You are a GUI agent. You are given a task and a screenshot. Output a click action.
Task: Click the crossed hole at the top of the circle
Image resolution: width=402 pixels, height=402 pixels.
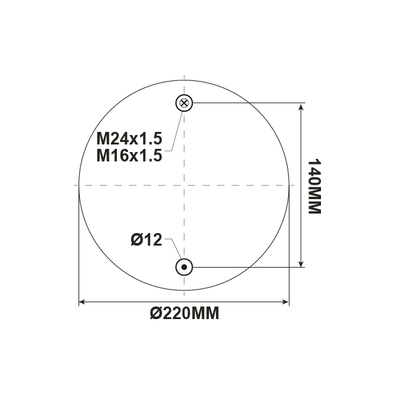point(183,103)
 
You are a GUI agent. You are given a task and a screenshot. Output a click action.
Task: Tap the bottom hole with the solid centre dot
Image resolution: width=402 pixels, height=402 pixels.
point(183,267)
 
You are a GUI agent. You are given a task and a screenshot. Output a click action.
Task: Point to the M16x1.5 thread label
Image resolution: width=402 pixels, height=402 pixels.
point(129,155)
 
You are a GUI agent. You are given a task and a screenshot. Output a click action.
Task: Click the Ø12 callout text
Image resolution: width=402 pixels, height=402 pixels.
point(146,239)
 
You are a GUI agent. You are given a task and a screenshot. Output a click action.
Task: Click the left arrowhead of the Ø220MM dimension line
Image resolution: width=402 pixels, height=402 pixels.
point(82,303)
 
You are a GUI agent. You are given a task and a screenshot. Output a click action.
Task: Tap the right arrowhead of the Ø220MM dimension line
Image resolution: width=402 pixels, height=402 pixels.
point(285,303)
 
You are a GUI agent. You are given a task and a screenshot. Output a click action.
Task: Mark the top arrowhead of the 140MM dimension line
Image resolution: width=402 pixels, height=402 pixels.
point(301,107)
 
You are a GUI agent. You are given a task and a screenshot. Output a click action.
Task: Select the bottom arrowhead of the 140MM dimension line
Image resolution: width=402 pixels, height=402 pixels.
point(301,263)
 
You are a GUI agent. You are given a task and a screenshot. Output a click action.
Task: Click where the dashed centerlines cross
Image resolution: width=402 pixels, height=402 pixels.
point(183,185)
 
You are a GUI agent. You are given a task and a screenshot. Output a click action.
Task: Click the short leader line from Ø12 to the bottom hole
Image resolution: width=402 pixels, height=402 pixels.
point(170,246)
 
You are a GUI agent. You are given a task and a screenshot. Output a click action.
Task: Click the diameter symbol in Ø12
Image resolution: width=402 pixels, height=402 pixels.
point(136,239)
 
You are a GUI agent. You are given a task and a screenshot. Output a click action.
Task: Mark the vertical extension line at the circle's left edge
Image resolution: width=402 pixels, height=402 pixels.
point(79,251)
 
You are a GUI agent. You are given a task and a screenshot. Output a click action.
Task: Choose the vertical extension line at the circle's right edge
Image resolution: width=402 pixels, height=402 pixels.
point(289,251)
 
